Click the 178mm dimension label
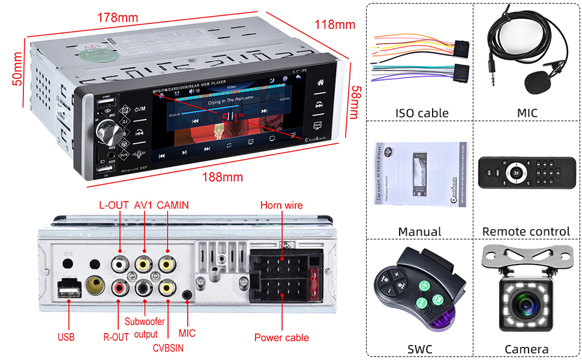point(118,17)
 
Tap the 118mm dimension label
point(335,25)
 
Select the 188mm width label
point(222,177)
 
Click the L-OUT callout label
point(114,205)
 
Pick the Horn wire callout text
point(281,205)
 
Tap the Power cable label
point(281,337)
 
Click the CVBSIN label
point(169,347)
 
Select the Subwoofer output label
point(145,328)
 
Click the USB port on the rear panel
point(70,290)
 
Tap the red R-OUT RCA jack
point(120,289)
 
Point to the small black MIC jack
point(188,295)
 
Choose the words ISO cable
point(421,113)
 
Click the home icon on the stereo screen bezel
point(320,82)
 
